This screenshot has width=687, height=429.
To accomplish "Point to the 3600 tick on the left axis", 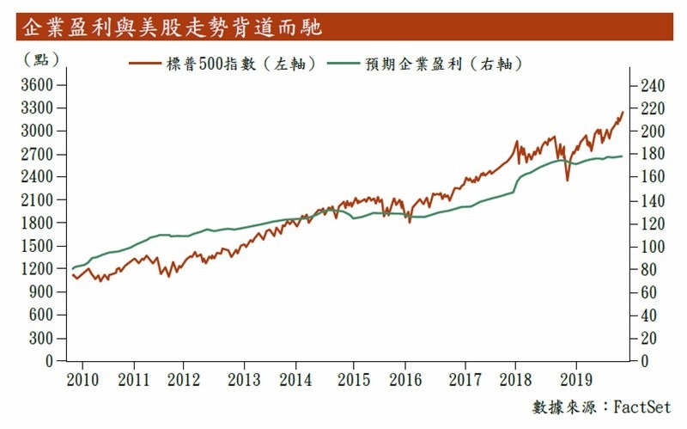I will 38,85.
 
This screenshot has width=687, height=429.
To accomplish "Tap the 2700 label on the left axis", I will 38,154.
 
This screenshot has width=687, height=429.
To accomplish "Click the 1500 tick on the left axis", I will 38,246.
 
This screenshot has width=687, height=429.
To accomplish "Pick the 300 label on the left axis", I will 41,338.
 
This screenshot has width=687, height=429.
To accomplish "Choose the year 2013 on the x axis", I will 244,378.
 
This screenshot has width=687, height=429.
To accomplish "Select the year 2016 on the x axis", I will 410,378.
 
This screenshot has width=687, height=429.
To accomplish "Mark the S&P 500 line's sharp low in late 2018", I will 567,180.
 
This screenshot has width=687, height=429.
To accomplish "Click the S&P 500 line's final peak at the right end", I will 623,112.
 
